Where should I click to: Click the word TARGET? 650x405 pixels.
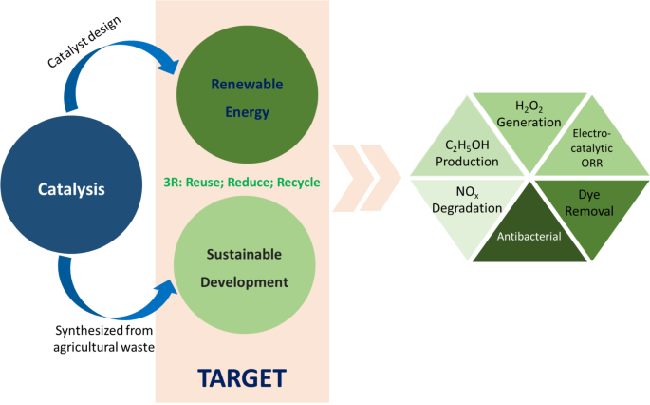(x=242, y=377)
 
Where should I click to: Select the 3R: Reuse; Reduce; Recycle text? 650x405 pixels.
(x=243, y=182)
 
